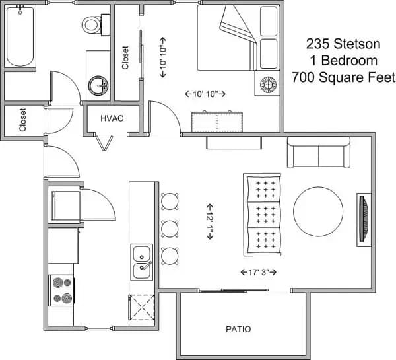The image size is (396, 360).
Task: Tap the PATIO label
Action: (238, 328)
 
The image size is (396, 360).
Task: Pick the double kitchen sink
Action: (142, 262)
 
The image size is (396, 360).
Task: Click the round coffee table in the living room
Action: (319, 211)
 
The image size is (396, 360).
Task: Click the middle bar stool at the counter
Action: (170, 228)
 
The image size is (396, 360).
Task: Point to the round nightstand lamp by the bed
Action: (269, 85)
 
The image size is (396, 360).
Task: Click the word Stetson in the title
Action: (357, 44)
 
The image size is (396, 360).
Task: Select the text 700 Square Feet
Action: (343, 77)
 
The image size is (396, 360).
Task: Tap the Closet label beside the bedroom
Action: (125, 57)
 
